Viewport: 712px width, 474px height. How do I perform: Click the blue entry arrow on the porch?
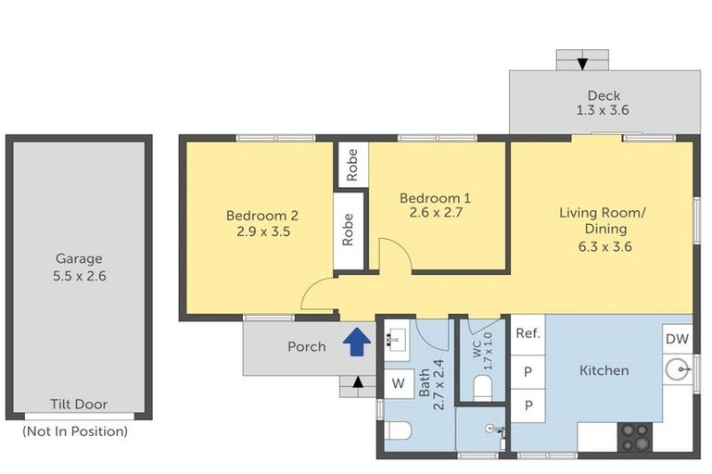point(357,342)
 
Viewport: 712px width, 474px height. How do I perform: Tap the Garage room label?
point(79,258)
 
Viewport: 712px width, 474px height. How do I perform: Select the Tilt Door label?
point(79,405)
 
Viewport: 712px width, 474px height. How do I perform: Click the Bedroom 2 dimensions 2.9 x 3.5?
point(263,231)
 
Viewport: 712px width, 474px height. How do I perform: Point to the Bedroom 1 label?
point(435,198)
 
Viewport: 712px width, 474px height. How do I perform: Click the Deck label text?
point(604,95)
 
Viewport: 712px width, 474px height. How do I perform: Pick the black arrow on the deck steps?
point(582,64)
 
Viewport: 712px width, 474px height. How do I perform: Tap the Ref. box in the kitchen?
point(528,335)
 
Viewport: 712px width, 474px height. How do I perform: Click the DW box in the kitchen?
point(677,339)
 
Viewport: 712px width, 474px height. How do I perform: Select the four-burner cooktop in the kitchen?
point(635,437)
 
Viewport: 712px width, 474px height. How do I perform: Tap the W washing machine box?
point(399,383)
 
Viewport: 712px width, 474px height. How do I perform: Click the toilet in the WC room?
point(482,389)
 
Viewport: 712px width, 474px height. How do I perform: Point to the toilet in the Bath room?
point(398,430)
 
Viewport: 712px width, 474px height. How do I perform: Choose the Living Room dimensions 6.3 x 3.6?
point(604,247)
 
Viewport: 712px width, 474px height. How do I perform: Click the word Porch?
point(307,347)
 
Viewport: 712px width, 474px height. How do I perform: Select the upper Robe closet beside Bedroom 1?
point(351,164)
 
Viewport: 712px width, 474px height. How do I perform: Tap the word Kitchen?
point(604,370)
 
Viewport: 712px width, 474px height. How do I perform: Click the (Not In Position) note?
point(75,430)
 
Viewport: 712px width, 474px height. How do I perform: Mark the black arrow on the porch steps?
point(358,382)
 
